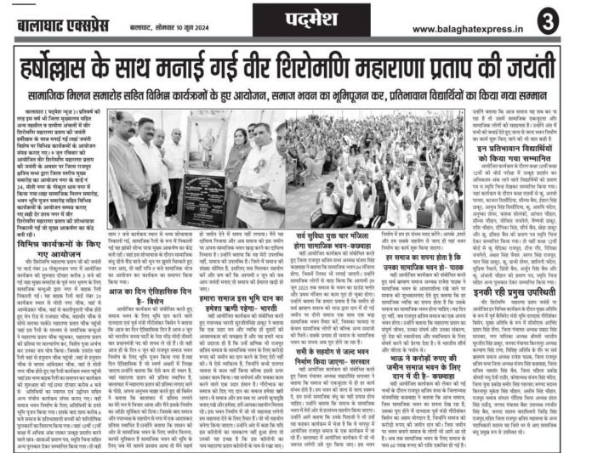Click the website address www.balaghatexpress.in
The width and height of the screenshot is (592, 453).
(477, 17)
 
